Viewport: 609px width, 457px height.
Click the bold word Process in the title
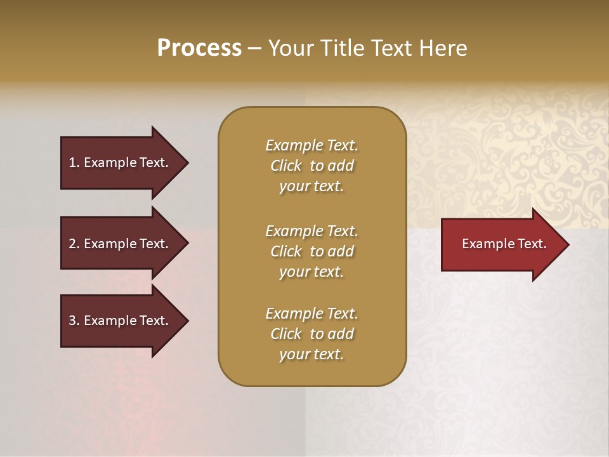coord(199,48)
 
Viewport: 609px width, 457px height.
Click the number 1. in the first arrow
coord(74,162)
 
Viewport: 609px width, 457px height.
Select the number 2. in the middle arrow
coord(74,244)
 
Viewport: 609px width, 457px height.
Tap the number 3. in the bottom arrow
coord(74,321)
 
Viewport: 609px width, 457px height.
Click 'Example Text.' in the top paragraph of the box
coord(311,145)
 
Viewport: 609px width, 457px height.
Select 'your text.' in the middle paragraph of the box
coord(311,272)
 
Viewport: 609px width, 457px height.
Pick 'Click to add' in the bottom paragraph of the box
coord(311,334)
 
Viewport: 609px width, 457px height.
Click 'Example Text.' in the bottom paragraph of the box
coord(311,314)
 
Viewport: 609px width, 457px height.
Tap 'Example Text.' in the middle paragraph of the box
coord(311,231)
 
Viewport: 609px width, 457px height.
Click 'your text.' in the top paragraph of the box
coord(311,187)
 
